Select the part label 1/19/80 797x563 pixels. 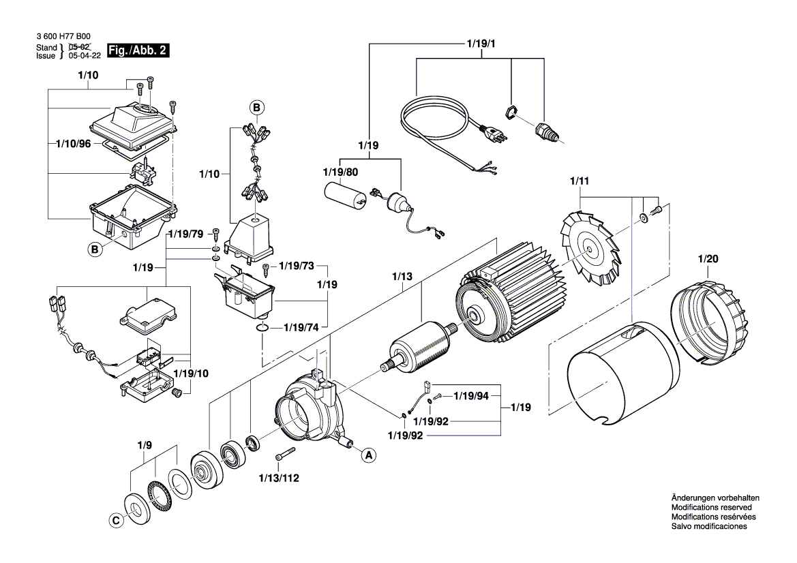[x=341, y=172]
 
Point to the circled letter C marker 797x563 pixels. [x=115, y=520]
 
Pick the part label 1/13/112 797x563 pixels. [x=280, y=478]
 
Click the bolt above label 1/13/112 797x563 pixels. [x=285, y=456]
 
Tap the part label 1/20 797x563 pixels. [x=708, y=260]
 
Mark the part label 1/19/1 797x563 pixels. [x=481, y=44]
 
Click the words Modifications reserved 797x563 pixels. [x=711, y=508]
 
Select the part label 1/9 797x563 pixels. [x=144, y=446]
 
